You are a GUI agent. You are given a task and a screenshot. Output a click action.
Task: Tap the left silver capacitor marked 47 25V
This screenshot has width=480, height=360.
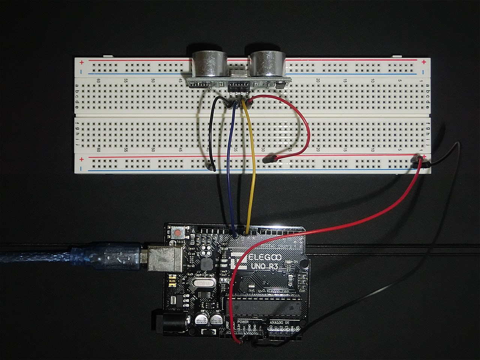(x=199, y=319)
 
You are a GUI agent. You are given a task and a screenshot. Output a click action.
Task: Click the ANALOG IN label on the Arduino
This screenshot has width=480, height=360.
(x=280, y=322)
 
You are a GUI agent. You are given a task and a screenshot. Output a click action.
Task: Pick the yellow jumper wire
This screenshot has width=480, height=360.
(x=254, y=169)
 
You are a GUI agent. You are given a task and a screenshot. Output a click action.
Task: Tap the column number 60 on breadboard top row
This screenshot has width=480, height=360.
(x=98, y=80)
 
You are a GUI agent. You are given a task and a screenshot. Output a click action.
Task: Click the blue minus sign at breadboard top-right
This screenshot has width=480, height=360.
(x=423, y=72)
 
